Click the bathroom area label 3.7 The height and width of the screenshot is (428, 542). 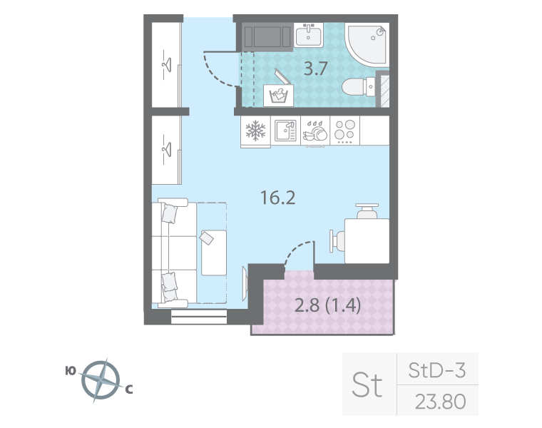pos(316,70)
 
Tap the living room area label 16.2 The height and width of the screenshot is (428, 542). pos(277,198)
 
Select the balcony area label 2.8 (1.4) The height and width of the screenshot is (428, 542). pos(327,306)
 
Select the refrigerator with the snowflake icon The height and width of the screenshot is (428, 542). pos(255,131)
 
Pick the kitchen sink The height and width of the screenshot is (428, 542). pos(285,131)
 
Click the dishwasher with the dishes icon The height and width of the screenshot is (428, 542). pos(315,131)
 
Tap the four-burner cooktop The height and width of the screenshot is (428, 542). pos(344,131)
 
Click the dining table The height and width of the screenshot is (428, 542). pos(366,240)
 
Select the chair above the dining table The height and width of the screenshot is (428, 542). pos(368,211)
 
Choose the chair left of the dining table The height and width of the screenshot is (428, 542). pos(335,240)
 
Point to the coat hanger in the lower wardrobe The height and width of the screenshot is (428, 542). pos(168,148)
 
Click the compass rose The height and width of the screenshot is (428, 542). pos(100,379)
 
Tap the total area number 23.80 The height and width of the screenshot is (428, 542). pos(440,402)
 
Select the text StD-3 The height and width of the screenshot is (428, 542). pos(436,370)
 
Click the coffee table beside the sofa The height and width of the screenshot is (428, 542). pos(213,252)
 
